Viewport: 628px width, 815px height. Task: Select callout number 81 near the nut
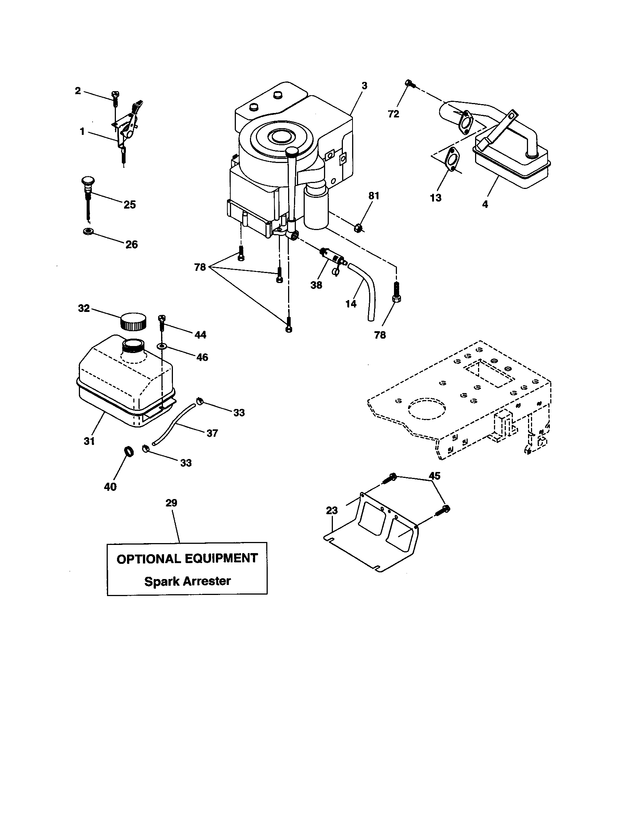pos(374,196)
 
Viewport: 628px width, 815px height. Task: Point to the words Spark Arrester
pos(187,581)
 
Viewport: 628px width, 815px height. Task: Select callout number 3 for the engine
pos(364,86)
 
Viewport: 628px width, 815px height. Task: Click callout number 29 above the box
pos(171,503)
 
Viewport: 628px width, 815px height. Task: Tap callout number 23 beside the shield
pos(331,510)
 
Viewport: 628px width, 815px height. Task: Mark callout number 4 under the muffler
pos(485,204)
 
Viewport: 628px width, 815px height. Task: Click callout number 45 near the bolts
pos(434,476)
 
